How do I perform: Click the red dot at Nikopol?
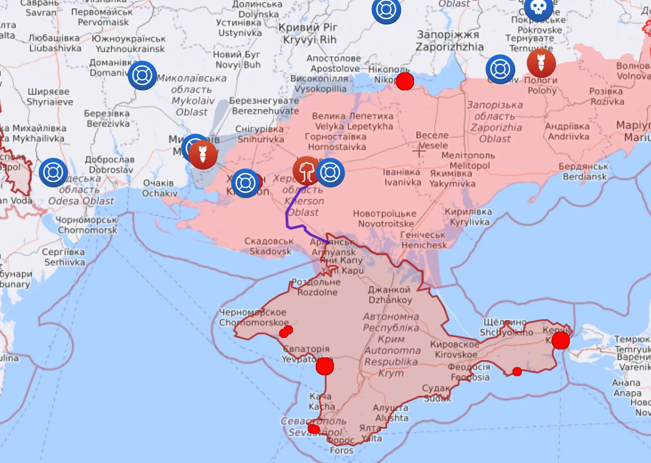(405, 81)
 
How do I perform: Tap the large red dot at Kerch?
(560, 341)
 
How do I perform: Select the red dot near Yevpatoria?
(325, 366)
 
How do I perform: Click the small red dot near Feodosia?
(517, 371)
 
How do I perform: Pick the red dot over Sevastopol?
(313, 429)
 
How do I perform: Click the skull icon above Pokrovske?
(538, 8)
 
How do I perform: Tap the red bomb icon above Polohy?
(541, 63)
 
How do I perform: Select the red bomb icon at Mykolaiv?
(203, 154)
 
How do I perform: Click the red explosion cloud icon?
(306, 171)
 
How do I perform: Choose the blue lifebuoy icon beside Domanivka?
(142, 76)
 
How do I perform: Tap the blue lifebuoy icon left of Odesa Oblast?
(53, 173)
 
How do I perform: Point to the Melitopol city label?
(468, 161)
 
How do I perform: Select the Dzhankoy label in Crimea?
(390, 295)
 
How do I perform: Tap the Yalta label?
(371, 433)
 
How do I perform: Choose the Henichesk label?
(423, 240)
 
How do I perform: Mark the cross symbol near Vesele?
(419, 151)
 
